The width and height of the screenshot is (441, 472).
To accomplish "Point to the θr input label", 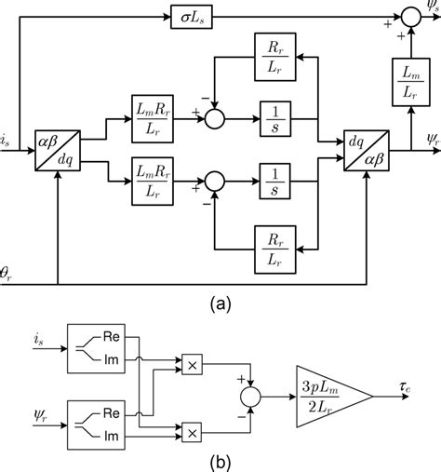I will [x=8, y=273].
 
